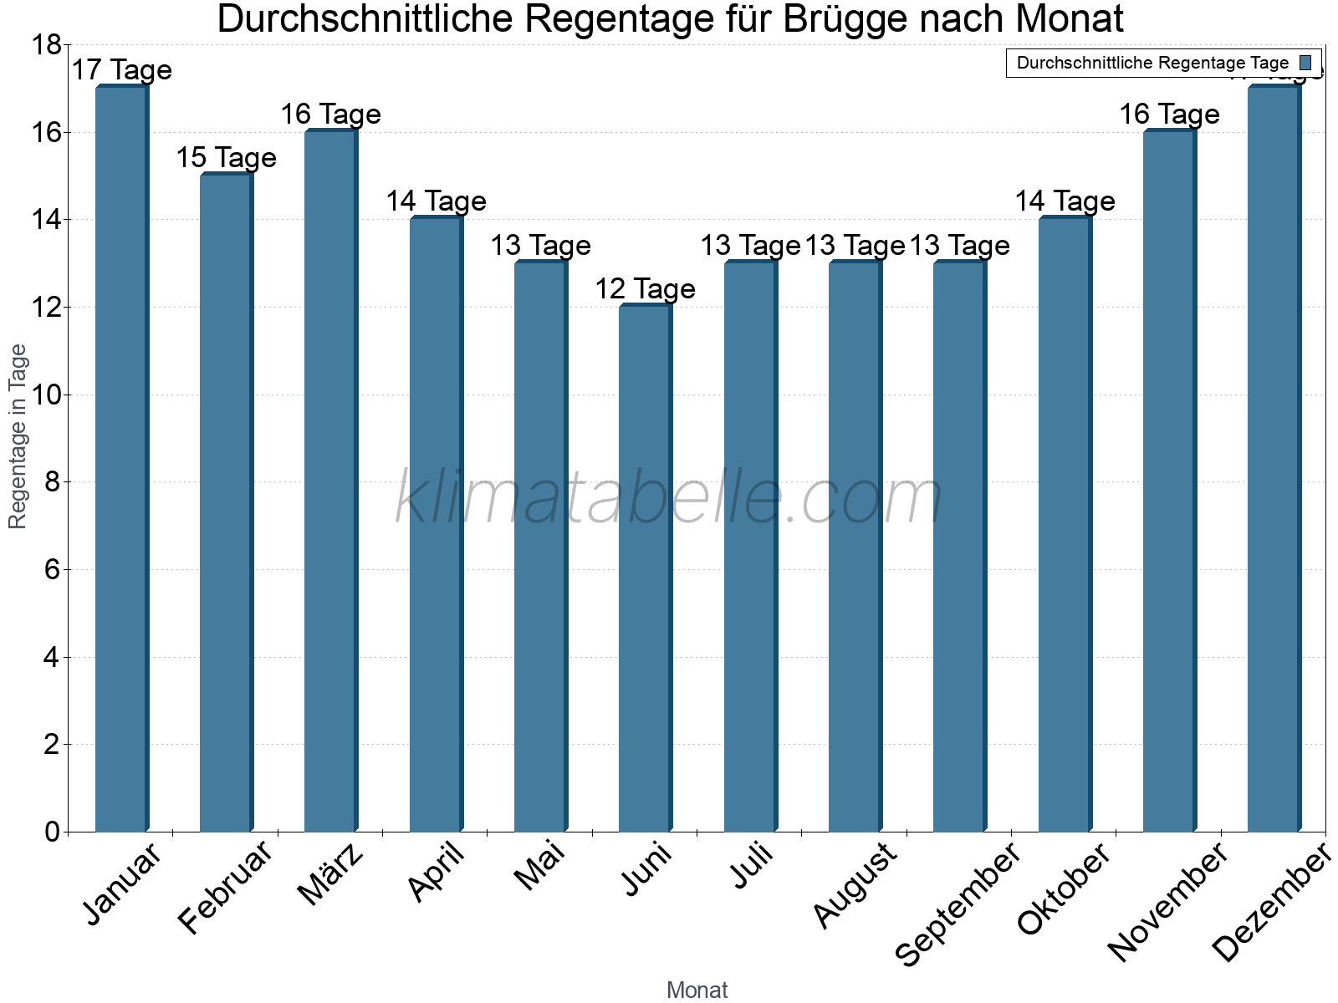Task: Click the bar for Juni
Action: click(646, 568)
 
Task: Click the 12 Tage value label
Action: click(645, 289)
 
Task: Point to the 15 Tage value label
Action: click(226, 158)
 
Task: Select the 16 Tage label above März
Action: click(330, 115)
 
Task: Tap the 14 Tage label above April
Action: click(436, 201)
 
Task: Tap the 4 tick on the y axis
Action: click(52, 658)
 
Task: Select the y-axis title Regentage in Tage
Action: click(18, 436)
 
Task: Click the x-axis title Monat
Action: click(697, 990)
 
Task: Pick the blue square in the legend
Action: click(1305, 63)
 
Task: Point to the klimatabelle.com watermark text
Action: click(669, 498)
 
